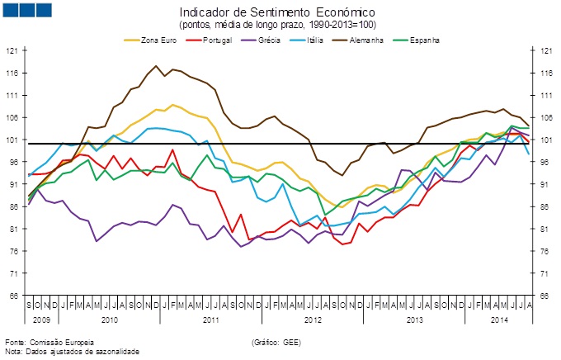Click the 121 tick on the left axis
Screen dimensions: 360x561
pyautogui.click(x=12, y=50)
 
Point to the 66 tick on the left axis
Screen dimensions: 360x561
pyautogui.click(x=12, y=296)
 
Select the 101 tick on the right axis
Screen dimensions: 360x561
pyautogui.click(x=547, y=140)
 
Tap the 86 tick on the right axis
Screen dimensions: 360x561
pyautogui.click(x=547, y=206)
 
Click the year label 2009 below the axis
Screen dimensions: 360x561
pyautogui.click(x=42, y=317)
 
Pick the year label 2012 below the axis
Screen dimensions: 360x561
pyautogui.click(x=313, y=317)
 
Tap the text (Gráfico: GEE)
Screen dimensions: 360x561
pyautogui.click(x=276, y=341)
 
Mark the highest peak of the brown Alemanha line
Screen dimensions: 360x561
pyautogui.click(x=155, y=66)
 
